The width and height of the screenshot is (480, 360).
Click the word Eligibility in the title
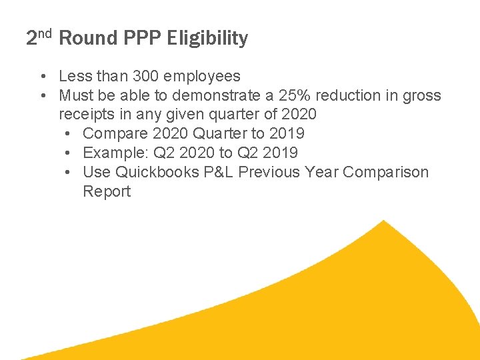pyautogui.click(x=208, y=39)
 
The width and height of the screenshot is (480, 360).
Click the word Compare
pyautogui.click(x=113, y=134)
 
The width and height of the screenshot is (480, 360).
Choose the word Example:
pyautogui.click(x=115, y=153)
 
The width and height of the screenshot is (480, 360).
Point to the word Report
pyautogui.click(x=107, y=191)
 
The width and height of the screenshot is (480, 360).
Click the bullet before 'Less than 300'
pyautogui.click(x=42, y=77)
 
